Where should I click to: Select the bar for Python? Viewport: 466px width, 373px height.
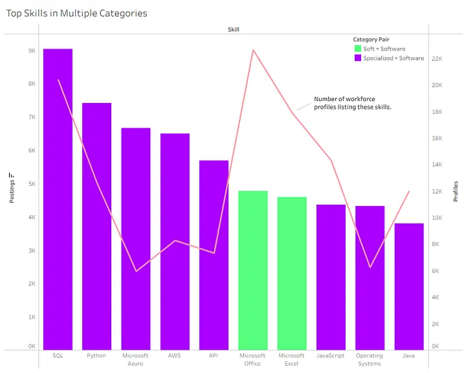[96, 227]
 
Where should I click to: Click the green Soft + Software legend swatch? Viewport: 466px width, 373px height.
[358, 49]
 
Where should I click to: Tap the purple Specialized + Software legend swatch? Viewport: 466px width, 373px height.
[358, 58]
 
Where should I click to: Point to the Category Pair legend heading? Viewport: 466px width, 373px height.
[371, 40]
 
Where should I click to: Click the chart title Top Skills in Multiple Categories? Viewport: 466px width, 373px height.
[77, 13]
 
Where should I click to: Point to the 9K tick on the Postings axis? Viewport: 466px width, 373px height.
[31, 51]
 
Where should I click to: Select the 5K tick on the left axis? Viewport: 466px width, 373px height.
[31, 184]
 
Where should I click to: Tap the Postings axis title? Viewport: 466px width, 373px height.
[12, 188]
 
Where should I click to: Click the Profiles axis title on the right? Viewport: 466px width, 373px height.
[456, 191]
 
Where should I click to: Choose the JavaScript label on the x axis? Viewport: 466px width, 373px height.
[331, 356]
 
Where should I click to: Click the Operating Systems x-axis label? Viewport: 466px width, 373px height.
[370, 359]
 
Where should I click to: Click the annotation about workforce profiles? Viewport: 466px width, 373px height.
[352, 103]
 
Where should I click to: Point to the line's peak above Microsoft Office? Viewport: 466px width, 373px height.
[254, 50]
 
